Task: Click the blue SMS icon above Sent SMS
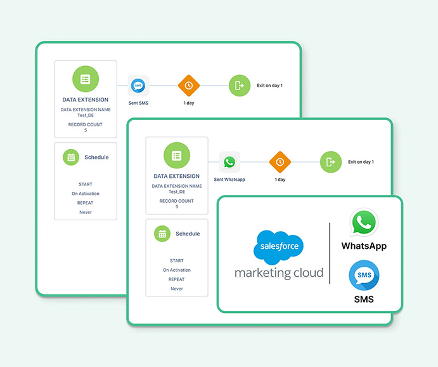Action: [138, 86]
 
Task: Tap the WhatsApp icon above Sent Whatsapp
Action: [229, 163]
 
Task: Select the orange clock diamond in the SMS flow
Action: [188, 86]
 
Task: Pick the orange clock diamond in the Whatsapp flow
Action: [280, 162]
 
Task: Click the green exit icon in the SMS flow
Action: [239, 86]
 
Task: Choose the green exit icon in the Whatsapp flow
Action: [330, 162]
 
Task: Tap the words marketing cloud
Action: [279, 273]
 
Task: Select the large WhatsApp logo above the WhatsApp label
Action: [364, 223]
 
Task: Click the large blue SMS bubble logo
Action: [364, 276]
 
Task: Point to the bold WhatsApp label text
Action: [364, 246]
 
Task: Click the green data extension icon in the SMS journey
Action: [86, 79]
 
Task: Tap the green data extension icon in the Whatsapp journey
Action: [177, 156]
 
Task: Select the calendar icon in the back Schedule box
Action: [71, 157]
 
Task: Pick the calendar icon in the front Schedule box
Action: [162, 234]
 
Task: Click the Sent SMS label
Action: [138, 103]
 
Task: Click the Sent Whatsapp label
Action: [229, 180]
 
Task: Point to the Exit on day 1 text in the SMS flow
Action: [269, 86]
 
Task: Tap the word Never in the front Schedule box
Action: [177, 289]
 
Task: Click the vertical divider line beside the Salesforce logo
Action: [330, 253]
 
